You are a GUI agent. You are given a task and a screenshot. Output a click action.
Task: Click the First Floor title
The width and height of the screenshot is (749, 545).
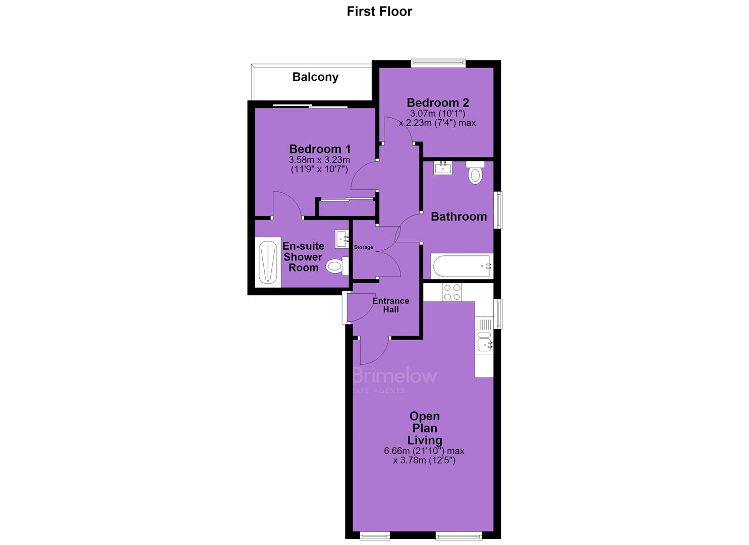tap(379, 12)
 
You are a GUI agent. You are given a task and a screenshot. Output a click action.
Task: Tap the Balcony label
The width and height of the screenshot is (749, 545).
tap(315, 77)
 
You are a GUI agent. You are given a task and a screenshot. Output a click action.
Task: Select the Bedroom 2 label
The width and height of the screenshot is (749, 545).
tap(438, 102)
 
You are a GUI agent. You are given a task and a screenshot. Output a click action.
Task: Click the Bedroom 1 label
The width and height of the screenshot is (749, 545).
tap(320, 149)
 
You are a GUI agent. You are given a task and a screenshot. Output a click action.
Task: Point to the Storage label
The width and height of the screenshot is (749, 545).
tap(364, 247)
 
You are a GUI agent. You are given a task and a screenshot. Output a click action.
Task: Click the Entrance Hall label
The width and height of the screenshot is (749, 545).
tap(391, 305)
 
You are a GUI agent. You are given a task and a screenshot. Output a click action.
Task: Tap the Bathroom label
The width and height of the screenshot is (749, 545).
tap(459, 216)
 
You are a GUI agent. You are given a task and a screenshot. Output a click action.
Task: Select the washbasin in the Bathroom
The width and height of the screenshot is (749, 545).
tap(443, 168)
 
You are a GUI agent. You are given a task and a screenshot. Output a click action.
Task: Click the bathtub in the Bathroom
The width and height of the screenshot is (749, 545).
tap(462, 266)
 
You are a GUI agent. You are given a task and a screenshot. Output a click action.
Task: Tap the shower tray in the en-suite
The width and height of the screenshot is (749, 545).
tap(268, 262)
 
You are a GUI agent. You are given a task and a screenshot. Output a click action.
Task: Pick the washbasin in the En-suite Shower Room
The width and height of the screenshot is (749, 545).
tap(342, 239)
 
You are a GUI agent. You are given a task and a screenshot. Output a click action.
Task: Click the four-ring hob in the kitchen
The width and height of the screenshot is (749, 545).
tap(452, 292)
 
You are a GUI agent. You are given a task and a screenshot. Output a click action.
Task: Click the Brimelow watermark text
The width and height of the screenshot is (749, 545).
tap(395, 376)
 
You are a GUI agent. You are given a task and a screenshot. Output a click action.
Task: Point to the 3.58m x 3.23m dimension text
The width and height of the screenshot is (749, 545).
tap(320, 160)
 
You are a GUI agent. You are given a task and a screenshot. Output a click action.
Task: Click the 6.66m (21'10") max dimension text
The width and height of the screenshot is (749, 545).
tap(424, 451)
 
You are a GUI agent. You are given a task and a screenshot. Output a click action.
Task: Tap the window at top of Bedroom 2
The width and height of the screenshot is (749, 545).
tap(438, 62)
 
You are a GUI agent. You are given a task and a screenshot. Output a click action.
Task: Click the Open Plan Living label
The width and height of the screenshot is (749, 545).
tap(425, 428)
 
